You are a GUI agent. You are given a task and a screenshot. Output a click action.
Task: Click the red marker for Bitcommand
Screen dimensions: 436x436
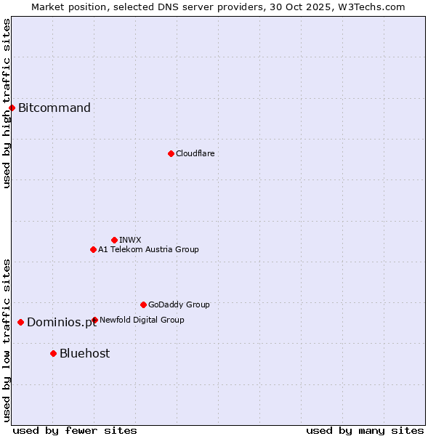(12, 108)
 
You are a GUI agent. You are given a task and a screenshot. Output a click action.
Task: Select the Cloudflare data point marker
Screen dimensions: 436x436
(171, 153)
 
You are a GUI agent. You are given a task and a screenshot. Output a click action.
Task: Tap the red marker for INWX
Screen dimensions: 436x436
(114, 240)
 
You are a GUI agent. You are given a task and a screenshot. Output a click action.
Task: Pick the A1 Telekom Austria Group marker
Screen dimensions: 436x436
(93, 249)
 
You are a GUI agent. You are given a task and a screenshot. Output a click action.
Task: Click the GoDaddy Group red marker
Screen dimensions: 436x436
(143, 304)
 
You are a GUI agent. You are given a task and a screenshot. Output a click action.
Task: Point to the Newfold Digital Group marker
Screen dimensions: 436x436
(94, 320)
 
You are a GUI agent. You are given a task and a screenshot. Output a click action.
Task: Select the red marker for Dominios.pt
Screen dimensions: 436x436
(21, 322)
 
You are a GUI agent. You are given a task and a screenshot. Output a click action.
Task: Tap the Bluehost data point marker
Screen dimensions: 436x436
(53, 353)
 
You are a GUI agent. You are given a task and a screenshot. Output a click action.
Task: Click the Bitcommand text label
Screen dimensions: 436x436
(54, 108)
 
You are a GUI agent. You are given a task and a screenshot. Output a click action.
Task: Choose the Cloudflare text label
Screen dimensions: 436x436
(195, 153)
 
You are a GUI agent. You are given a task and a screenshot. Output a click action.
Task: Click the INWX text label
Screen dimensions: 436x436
(130, 240)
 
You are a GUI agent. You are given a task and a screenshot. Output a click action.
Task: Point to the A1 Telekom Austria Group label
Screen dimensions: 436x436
(148, 249)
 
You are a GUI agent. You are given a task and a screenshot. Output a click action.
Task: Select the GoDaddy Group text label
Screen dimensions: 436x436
(179, 304)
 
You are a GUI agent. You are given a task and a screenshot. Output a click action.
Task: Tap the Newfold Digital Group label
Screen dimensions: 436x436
(142, 320)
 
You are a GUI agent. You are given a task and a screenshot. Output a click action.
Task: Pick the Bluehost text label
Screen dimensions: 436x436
(85, 353)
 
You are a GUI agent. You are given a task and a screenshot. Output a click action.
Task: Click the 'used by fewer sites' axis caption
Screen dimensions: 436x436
(75, 430)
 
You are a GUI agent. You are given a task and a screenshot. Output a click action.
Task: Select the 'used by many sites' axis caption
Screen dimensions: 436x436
(365, 430)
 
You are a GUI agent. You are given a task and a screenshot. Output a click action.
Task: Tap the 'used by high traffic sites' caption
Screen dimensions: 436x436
(7, 103)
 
